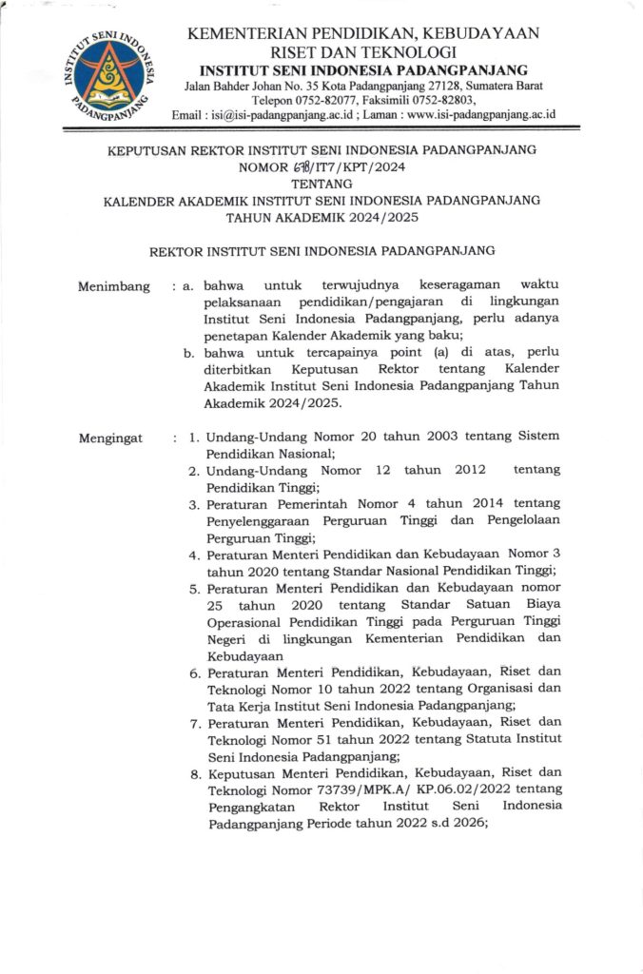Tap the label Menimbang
[114, 286]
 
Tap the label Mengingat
[111, 438]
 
